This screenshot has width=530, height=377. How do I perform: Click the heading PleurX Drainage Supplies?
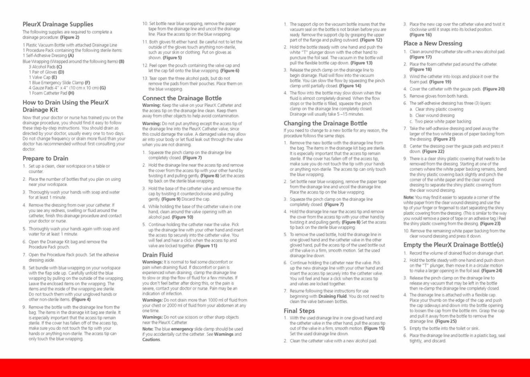(57, 24)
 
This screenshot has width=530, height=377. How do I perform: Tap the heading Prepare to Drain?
(45, 158)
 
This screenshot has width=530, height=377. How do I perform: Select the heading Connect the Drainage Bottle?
(182, 98)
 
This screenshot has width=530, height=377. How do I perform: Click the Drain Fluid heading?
(157, 255)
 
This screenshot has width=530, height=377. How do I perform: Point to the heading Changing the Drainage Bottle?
(325, 123)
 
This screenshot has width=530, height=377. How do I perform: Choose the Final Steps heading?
(299, 310)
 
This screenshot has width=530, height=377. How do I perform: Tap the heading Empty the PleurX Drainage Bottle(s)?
(453, 245)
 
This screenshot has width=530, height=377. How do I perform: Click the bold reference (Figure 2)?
(69, 37)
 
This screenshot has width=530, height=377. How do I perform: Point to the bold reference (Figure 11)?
(206, 246)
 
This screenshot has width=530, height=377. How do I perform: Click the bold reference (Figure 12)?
(371, 40)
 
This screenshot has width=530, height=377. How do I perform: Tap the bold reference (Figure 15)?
(374, 328)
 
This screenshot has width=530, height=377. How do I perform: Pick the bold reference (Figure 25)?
(446, 321)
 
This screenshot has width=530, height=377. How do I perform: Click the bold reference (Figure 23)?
(490, 224)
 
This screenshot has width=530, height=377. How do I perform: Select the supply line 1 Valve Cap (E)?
(43, 77)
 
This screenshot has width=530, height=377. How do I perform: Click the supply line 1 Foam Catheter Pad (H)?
(51, 93)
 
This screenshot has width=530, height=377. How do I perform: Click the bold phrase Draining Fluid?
(332, 296)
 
